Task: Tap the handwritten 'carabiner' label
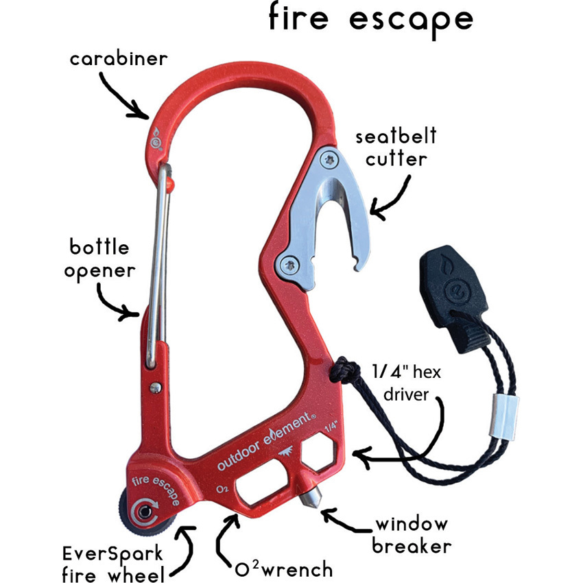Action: tap(118, 59)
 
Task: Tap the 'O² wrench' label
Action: tap(281, 569)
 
